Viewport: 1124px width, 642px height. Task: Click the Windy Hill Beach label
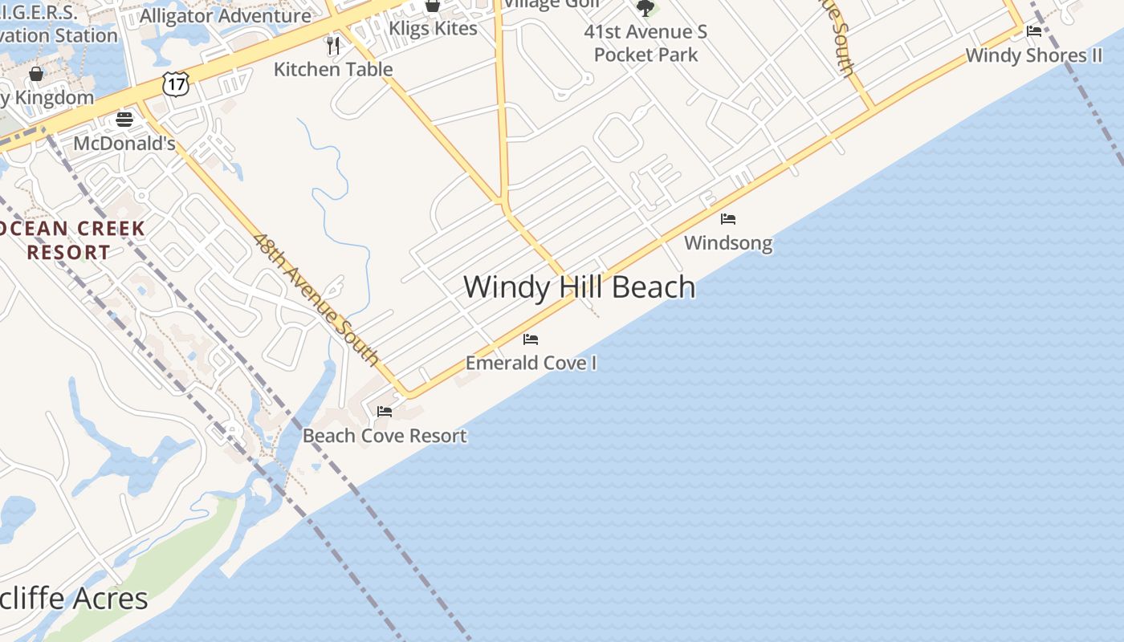(579, 287)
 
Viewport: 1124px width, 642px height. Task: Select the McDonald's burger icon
(124, 120)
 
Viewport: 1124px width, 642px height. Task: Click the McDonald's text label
(124, 144)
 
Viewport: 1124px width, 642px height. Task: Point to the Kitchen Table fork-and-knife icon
(333, 45)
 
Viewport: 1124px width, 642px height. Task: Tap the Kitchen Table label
(333, 69)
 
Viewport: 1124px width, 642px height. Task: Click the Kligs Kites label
(433, 28)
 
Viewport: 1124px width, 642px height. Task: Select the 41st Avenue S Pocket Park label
(646, 43)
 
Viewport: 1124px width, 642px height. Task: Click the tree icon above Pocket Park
(645, 8)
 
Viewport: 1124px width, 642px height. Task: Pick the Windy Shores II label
(1033, 55)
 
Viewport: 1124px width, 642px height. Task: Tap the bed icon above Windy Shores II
(1034, 31)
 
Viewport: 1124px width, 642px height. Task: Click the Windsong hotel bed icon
(728, 218)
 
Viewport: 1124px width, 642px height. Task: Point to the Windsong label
(728, 242)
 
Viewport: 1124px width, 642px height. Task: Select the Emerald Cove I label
(531, 363)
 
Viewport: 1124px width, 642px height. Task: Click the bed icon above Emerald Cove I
(531, 339)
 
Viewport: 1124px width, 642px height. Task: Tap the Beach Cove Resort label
(385, 436)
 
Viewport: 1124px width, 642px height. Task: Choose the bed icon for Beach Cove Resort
(385, 412)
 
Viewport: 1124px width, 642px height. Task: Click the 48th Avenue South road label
(316, 299)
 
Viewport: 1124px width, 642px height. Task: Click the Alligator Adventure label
(226, 15)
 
